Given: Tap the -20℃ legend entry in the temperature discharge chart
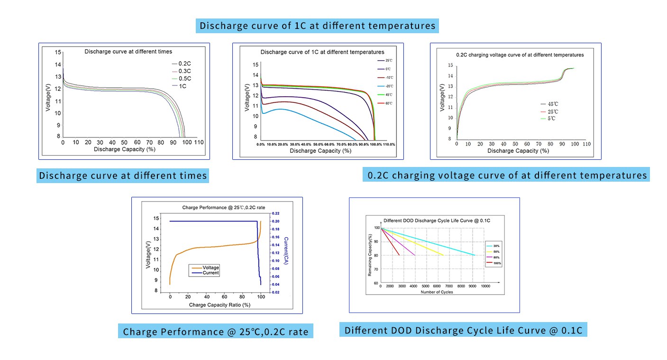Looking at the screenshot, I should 388,86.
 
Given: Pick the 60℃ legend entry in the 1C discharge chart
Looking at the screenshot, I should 388,103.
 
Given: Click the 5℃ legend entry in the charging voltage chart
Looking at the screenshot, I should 552,119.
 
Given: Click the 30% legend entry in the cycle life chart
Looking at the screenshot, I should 496,246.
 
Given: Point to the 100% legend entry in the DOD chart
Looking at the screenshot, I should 497,263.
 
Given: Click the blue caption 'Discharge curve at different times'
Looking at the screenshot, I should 123,175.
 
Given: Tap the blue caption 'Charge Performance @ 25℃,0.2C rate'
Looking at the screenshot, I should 215,332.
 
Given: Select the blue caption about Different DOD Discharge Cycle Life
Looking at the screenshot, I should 463,330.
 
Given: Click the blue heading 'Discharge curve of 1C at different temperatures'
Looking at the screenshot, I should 317,26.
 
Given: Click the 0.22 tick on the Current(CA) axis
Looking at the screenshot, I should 275,214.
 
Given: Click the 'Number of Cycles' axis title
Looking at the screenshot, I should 437,292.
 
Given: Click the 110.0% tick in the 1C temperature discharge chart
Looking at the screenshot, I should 389,144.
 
